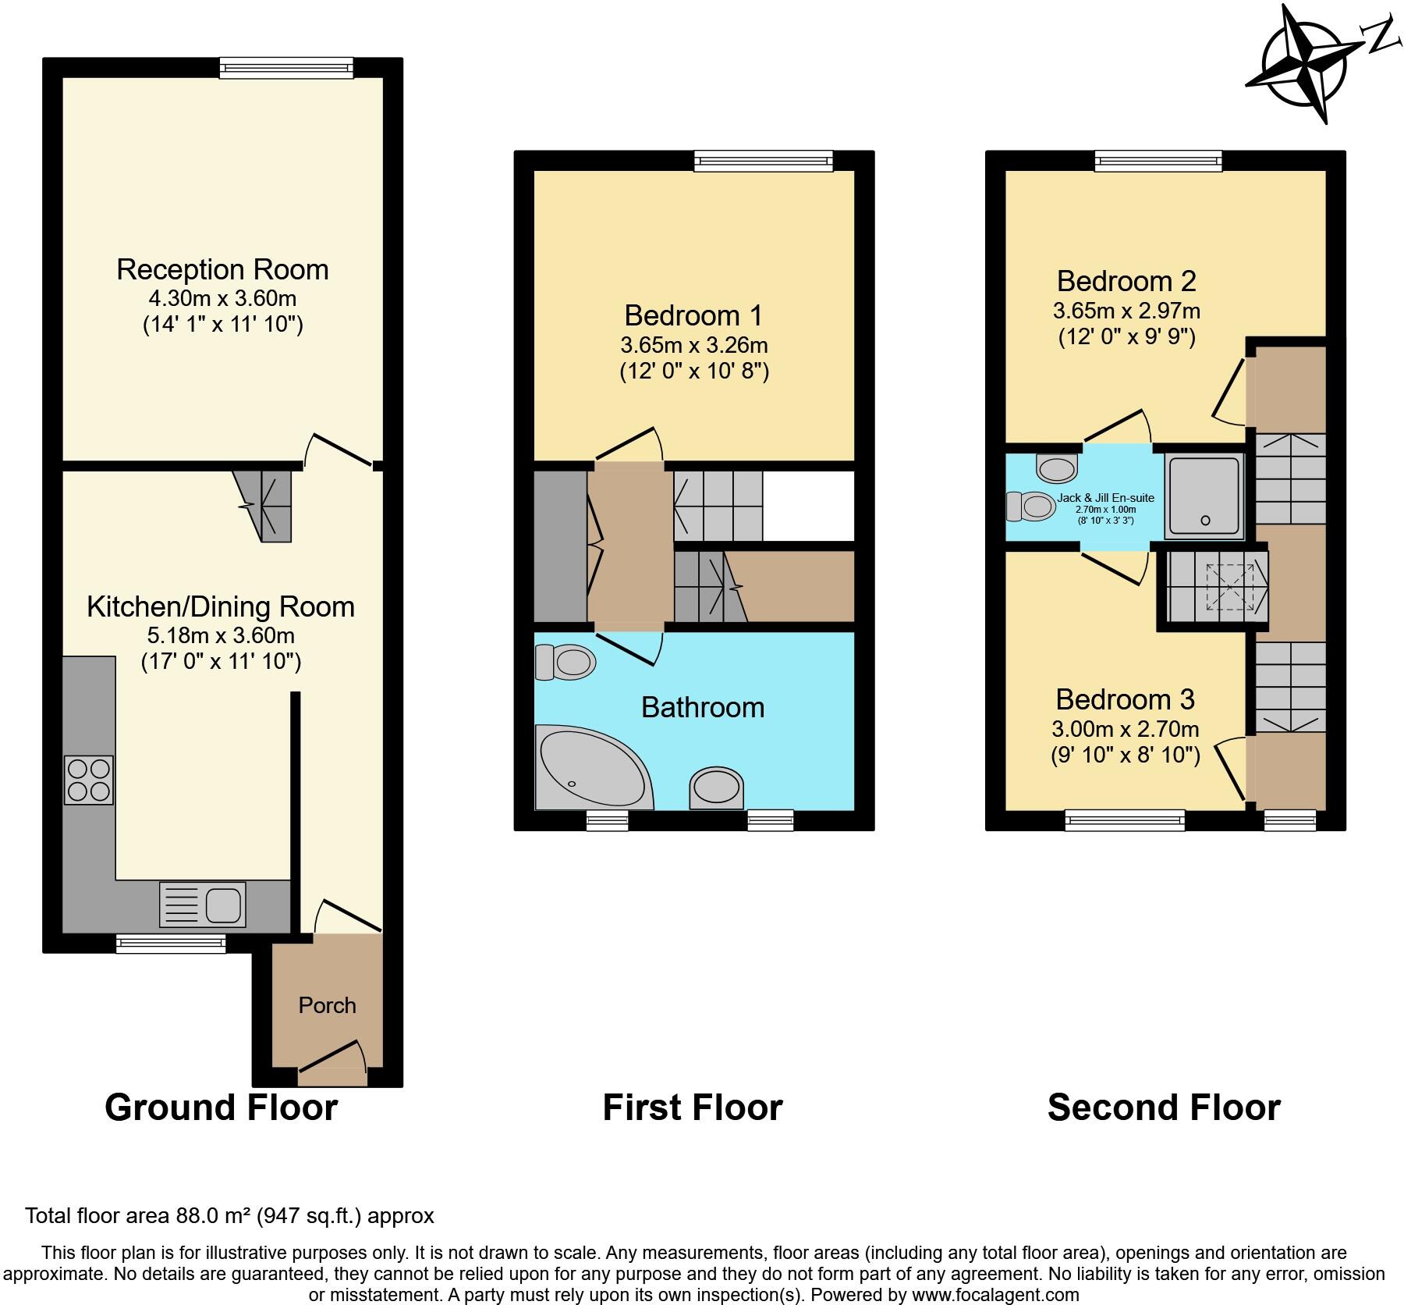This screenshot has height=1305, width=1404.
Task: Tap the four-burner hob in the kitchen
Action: pyautogui.click(x=88, y=780)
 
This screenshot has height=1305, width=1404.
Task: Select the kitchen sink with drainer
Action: pyautogui.click(x=202, y=904)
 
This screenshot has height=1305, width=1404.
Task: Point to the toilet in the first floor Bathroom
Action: pyautogui.click(x=566, y=663)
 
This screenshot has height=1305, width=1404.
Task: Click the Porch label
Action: pyautogui.click(x=327, y=1005)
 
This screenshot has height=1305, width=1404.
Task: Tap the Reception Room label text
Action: pyautogui.click(x=222, y=269)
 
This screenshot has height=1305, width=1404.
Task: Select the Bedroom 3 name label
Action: pyautogui.click(x=1125, y=699)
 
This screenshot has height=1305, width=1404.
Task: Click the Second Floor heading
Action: pyautogui.click(x=1163, y=1108)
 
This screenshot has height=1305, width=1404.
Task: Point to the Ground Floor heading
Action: pyautogui.click(x=221, y=1108)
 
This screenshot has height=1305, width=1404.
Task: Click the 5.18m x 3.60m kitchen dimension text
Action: pyautogui.click(x=221, y=635)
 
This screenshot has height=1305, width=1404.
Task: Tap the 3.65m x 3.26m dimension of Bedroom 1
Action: pyautogui.click(x=693, y=344)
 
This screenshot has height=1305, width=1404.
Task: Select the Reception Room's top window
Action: pyautogui.click(x=286, y=68)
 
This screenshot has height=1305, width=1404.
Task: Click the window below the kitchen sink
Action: pyautogui.click(x=171, y=944)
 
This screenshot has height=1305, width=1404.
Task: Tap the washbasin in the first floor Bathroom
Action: pyautogui.click(x=715, y=787)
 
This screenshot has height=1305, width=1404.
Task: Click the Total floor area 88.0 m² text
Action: pyautogui.click(x=229, y=1215)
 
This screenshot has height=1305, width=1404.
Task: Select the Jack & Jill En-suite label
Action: pyautogui.click(x=1105, y=498)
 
